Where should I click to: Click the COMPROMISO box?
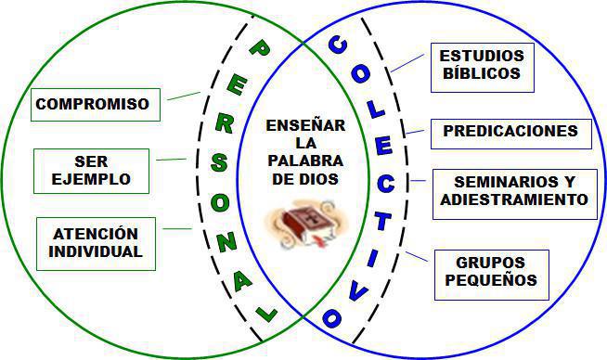92,104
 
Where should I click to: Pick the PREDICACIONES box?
510,132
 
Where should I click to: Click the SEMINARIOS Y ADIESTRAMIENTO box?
513,191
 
